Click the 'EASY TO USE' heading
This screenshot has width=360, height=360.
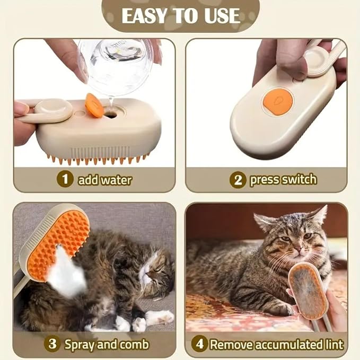coord(180,15)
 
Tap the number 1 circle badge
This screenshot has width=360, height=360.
coord(65,179)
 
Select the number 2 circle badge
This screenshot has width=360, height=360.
coord(238,180)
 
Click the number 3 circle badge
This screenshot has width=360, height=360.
coord(51,344)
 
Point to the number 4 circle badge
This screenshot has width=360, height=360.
coord(199,344)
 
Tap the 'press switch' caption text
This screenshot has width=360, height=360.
coord(283,180)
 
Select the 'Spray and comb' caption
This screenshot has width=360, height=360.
coord(106,344)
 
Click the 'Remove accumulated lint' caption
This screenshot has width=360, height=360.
coord(276,344)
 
